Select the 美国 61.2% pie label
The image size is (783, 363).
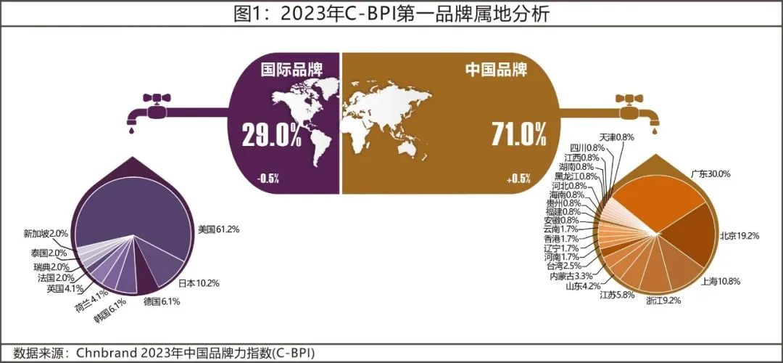[219, 229]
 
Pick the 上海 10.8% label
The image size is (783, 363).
[721, 280]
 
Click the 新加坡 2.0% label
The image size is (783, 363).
[46, 234]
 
